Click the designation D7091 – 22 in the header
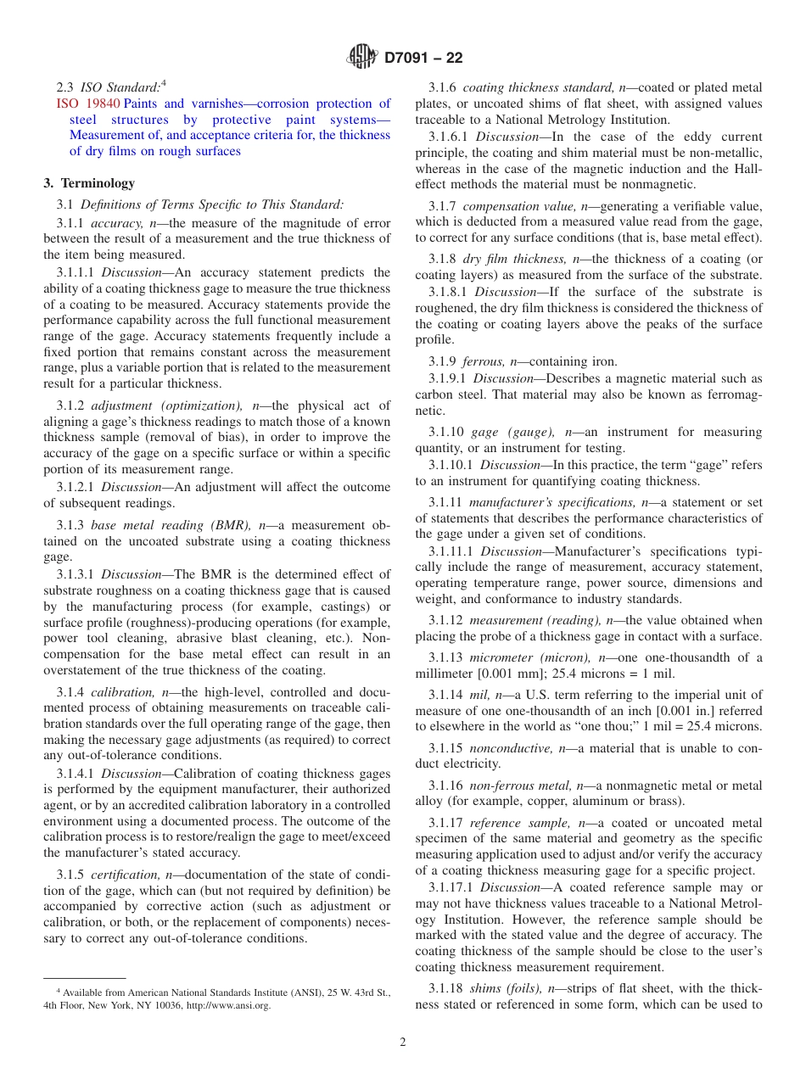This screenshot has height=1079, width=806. (423, 58)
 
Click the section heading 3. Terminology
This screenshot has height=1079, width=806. (89, 183)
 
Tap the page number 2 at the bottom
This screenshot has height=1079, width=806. (403, 1043)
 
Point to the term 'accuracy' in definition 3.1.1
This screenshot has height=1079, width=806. (115, 222)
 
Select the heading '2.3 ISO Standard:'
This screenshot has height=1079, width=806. (108, 87)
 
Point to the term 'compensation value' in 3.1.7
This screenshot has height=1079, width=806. (518, 206)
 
